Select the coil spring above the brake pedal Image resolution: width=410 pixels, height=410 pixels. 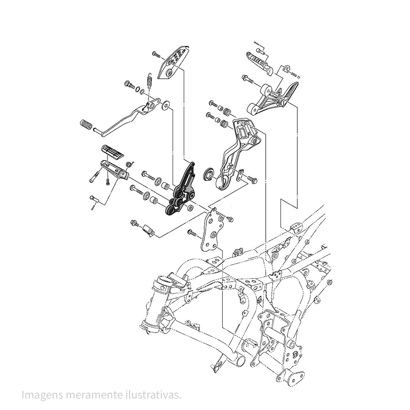tap(150, 80)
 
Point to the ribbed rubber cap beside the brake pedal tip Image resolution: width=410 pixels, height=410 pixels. tap(86, 124)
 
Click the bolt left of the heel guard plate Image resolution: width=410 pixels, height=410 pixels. tap(157, 54)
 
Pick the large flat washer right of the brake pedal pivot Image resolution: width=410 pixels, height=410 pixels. tap(166, 105)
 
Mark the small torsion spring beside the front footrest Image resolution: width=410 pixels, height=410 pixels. tap(128, 164)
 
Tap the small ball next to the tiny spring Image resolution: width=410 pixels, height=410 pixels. tap(299, 76)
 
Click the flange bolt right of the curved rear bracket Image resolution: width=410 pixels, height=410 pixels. tap(251, 179)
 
